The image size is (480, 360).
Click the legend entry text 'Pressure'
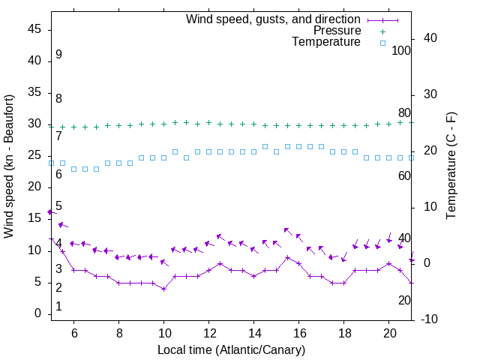tap(337, 31)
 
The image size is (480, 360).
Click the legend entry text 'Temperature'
tap(326, 42)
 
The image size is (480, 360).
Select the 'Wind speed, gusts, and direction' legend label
tap(274, 19)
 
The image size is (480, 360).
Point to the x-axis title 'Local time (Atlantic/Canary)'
tap(232, 350)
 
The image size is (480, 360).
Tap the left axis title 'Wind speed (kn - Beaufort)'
tap(9, 166)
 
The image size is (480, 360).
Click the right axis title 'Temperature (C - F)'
tap(451, 166)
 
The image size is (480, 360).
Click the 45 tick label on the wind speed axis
tap(34, 29)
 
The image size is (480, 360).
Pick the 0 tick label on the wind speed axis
tap(37, 313)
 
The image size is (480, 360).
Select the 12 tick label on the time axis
tap(209, 332)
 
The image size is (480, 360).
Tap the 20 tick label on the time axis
tap(389, 332)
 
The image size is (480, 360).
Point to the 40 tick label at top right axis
tap(430, 37)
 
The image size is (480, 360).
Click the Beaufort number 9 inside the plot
tap(58, 55)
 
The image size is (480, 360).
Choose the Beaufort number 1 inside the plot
tap(58, 306)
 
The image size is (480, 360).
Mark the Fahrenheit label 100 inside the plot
tap(401, 50)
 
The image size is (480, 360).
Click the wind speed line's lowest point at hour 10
tap(164, 289)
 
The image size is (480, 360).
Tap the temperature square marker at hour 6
tap(74, 169)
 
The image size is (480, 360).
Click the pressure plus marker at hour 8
tap(119, 125)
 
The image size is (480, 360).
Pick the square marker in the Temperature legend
tap(382, 43)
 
